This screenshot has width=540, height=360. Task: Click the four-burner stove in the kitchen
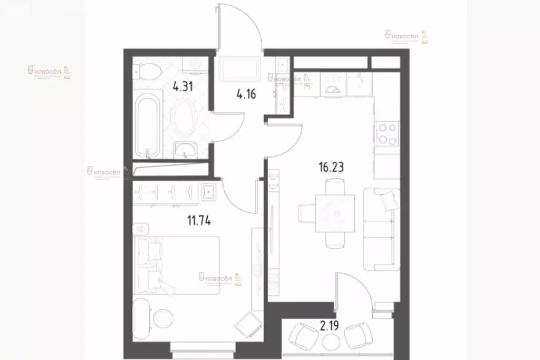(387, 134)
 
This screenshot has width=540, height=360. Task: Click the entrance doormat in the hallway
(240, 69)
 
